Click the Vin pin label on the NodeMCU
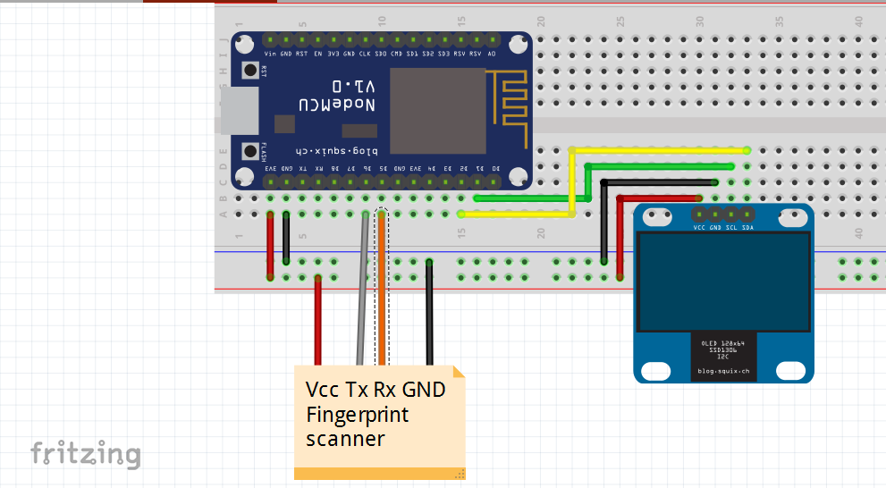pos(270,54)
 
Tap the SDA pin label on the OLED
pos(747,228)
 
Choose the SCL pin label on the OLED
pos(731,228)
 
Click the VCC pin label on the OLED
pos(699,228)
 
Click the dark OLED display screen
pos(723,282)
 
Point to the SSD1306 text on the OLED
pos(723,349)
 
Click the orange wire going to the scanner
pos(381,295)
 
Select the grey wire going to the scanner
pos(362,295)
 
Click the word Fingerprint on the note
pos(357,415)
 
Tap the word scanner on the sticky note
pos(345,439)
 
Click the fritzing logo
pos(86,454)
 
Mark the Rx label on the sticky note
pos(383,391)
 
